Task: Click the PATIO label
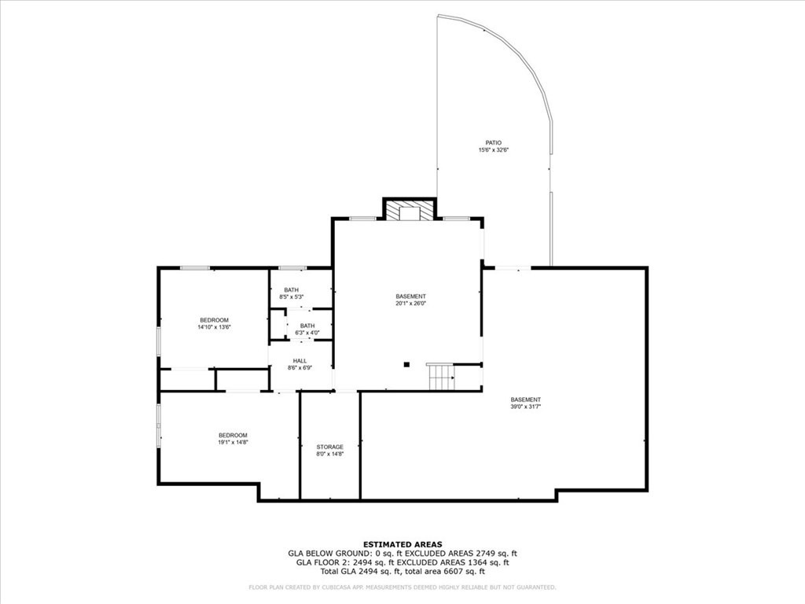[493, 142]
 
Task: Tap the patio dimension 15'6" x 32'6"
[493, 150]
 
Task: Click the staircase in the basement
[442, 377]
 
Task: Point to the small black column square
[406, 364]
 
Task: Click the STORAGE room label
[329, 447]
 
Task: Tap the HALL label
[300, 360]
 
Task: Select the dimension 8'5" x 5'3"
[291, 296]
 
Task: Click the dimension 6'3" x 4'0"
[307, 333]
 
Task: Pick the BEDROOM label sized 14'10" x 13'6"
[214, 319]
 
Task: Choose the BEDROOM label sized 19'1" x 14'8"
[233, 435]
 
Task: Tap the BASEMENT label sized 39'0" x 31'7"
[525, 400]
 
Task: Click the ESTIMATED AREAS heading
[402, 544]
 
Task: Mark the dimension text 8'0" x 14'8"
[329, 455]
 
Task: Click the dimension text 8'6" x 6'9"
[300, 367]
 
